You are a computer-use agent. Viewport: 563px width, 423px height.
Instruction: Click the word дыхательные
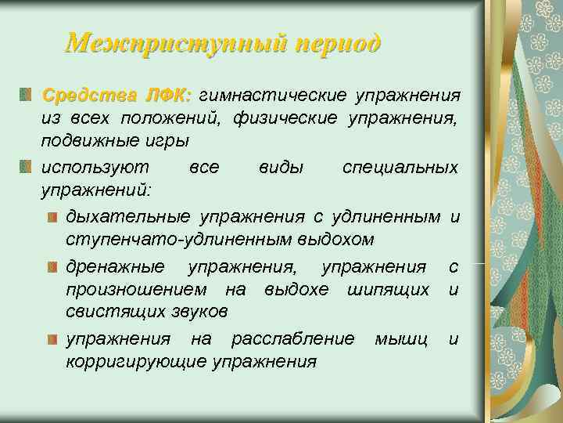[128, 215]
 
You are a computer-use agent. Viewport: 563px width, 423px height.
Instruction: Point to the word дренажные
[116, 267]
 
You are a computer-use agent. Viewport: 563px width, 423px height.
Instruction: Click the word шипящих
[389, 289]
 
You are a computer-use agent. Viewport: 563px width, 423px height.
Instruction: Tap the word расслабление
[292, 338]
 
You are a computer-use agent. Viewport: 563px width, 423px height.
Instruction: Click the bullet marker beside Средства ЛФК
[27, 95]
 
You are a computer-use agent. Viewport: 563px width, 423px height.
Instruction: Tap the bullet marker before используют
[27, 167]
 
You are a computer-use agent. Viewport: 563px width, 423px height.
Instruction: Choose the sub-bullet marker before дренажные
[52, 267]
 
